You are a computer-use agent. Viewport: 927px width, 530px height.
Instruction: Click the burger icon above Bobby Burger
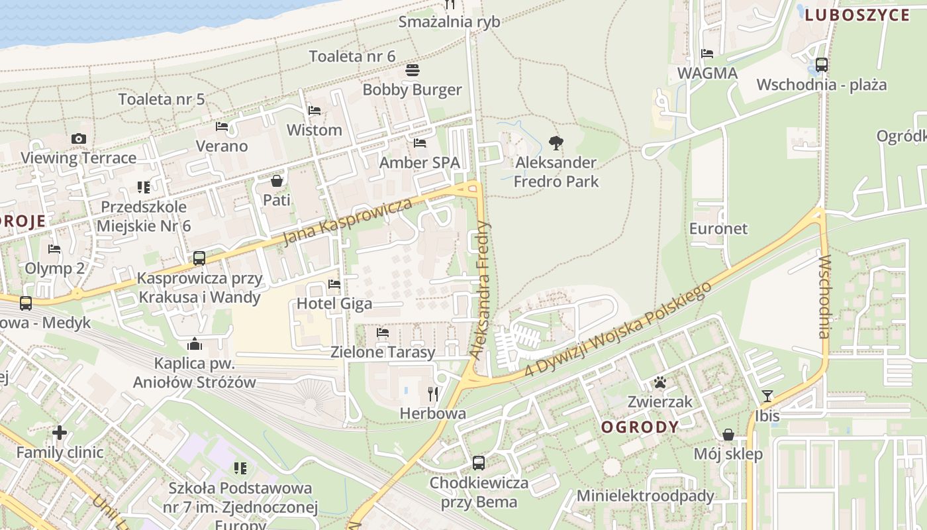tap(412, 70)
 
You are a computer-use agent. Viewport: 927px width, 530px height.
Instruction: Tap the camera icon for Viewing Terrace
tap(79, 138)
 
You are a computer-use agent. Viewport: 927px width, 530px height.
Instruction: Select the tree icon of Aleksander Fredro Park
tap(556, 142)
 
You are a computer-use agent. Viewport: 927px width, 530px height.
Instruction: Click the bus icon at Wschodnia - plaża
tap(822, 65)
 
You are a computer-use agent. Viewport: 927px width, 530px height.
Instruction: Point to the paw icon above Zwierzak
tap(660, 382)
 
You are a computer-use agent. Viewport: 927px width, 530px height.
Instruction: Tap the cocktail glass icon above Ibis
tap(767, 396)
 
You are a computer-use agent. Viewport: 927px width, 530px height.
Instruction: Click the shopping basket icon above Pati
tap(277, 180)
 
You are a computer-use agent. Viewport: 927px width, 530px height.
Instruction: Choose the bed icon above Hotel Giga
tap(334, 284)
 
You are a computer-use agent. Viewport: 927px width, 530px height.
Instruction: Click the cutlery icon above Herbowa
tap(433, 394)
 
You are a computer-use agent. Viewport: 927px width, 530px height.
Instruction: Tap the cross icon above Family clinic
tap(60, 433)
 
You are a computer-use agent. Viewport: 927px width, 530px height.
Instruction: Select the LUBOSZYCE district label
tap(857, 15)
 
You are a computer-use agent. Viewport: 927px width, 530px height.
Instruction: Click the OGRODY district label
tap(640, 427)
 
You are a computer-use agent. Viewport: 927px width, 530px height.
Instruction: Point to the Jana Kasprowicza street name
tap(348, 221)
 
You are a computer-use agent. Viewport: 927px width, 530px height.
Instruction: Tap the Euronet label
tap(718, 229)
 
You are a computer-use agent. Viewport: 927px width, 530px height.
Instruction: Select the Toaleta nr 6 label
tap(352, 56)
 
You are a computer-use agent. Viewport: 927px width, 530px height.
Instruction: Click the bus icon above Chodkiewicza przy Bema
tap(479, 463)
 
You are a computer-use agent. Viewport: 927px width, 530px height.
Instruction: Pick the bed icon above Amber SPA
tap(420, 142)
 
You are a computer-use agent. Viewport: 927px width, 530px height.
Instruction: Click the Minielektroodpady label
tap(646, 496)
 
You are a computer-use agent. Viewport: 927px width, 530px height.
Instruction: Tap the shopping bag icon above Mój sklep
tap(728, 435)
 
